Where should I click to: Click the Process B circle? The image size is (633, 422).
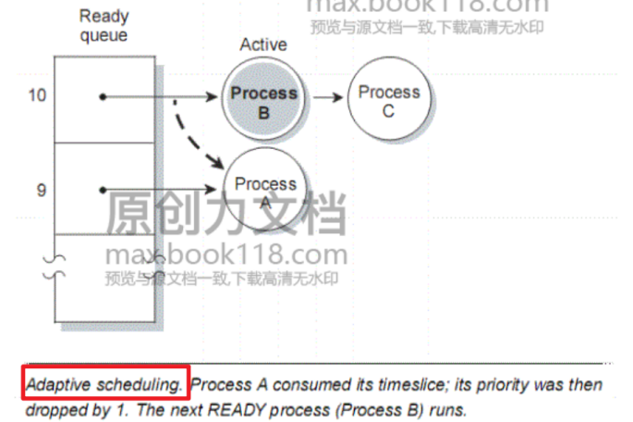click(263, 101)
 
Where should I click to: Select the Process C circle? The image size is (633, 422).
click(388, 101)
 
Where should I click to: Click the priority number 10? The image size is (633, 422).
click(38, 95)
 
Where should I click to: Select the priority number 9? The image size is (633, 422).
click(41, 190)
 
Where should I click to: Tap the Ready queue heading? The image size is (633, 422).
click(103, 25)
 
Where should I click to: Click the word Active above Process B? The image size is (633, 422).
click(263, 44)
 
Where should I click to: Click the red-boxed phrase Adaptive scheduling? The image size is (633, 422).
click(106, 383)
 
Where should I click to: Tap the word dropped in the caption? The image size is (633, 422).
click(54, 408)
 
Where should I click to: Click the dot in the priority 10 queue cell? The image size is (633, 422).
click(102, 96)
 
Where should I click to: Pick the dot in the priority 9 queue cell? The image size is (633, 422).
click(102, 190)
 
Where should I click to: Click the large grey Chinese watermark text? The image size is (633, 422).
click(226, 215)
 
